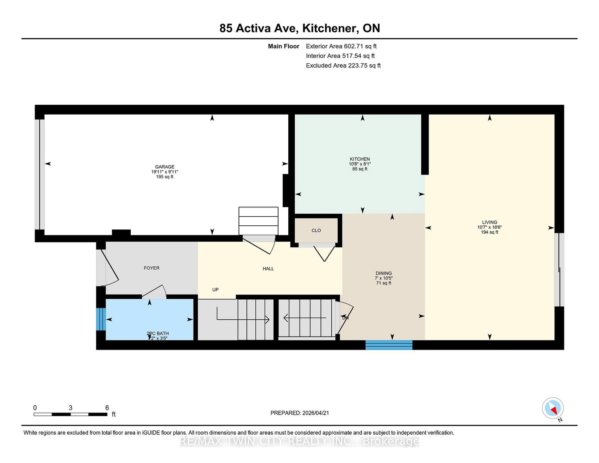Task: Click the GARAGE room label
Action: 165,167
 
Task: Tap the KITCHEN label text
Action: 360,159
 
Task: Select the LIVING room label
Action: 489,222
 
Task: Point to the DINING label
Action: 384,273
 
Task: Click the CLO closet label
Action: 316,231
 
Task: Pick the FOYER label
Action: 152,268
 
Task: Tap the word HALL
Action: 268,269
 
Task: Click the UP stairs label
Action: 215,290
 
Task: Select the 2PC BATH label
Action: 158,333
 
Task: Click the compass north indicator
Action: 553,408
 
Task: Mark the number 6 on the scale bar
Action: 107,408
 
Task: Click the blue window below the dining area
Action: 389,345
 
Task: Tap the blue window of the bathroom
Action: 100,319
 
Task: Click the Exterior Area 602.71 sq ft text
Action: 341,46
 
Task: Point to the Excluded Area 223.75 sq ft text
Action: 343,66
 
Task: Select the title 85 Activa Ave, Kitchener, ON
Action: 299,28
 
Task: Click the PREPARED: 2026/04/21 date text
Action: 299,413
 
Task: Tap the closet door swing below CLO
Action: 324,253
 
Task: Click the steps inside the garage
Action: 258,221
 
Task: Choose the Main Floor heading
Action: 283,46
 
